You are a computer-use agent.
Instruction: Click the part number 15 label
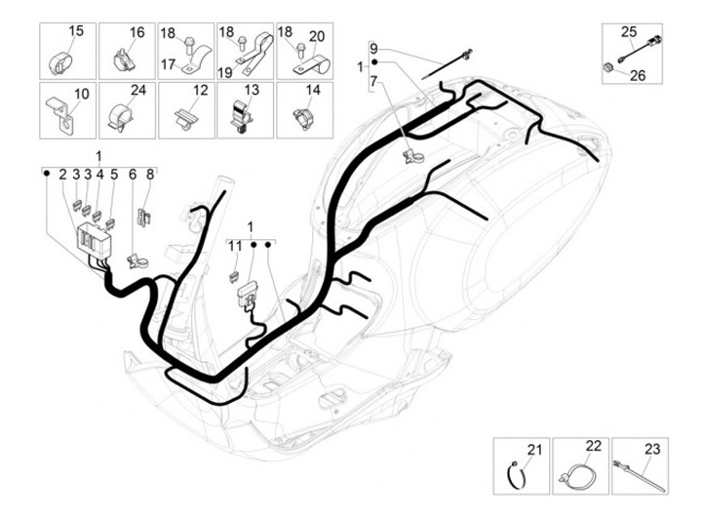[x=75, y=32]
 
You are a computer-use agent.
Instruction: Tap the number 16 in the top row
[x=136, y=32]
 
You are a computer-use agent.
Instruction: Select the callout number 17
[x=168, y=65]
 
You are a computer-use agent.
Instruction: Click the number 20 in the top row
[x=314, y=32]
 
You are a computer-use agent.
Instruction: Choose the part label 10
[x=80, y=93]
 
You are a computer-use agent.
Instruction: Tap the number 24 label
[x=137, y=91]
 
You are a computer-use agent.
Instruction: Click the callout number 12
[x=199, y=91]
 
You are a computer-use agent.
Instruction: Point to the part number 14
[x=314, y=91]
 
